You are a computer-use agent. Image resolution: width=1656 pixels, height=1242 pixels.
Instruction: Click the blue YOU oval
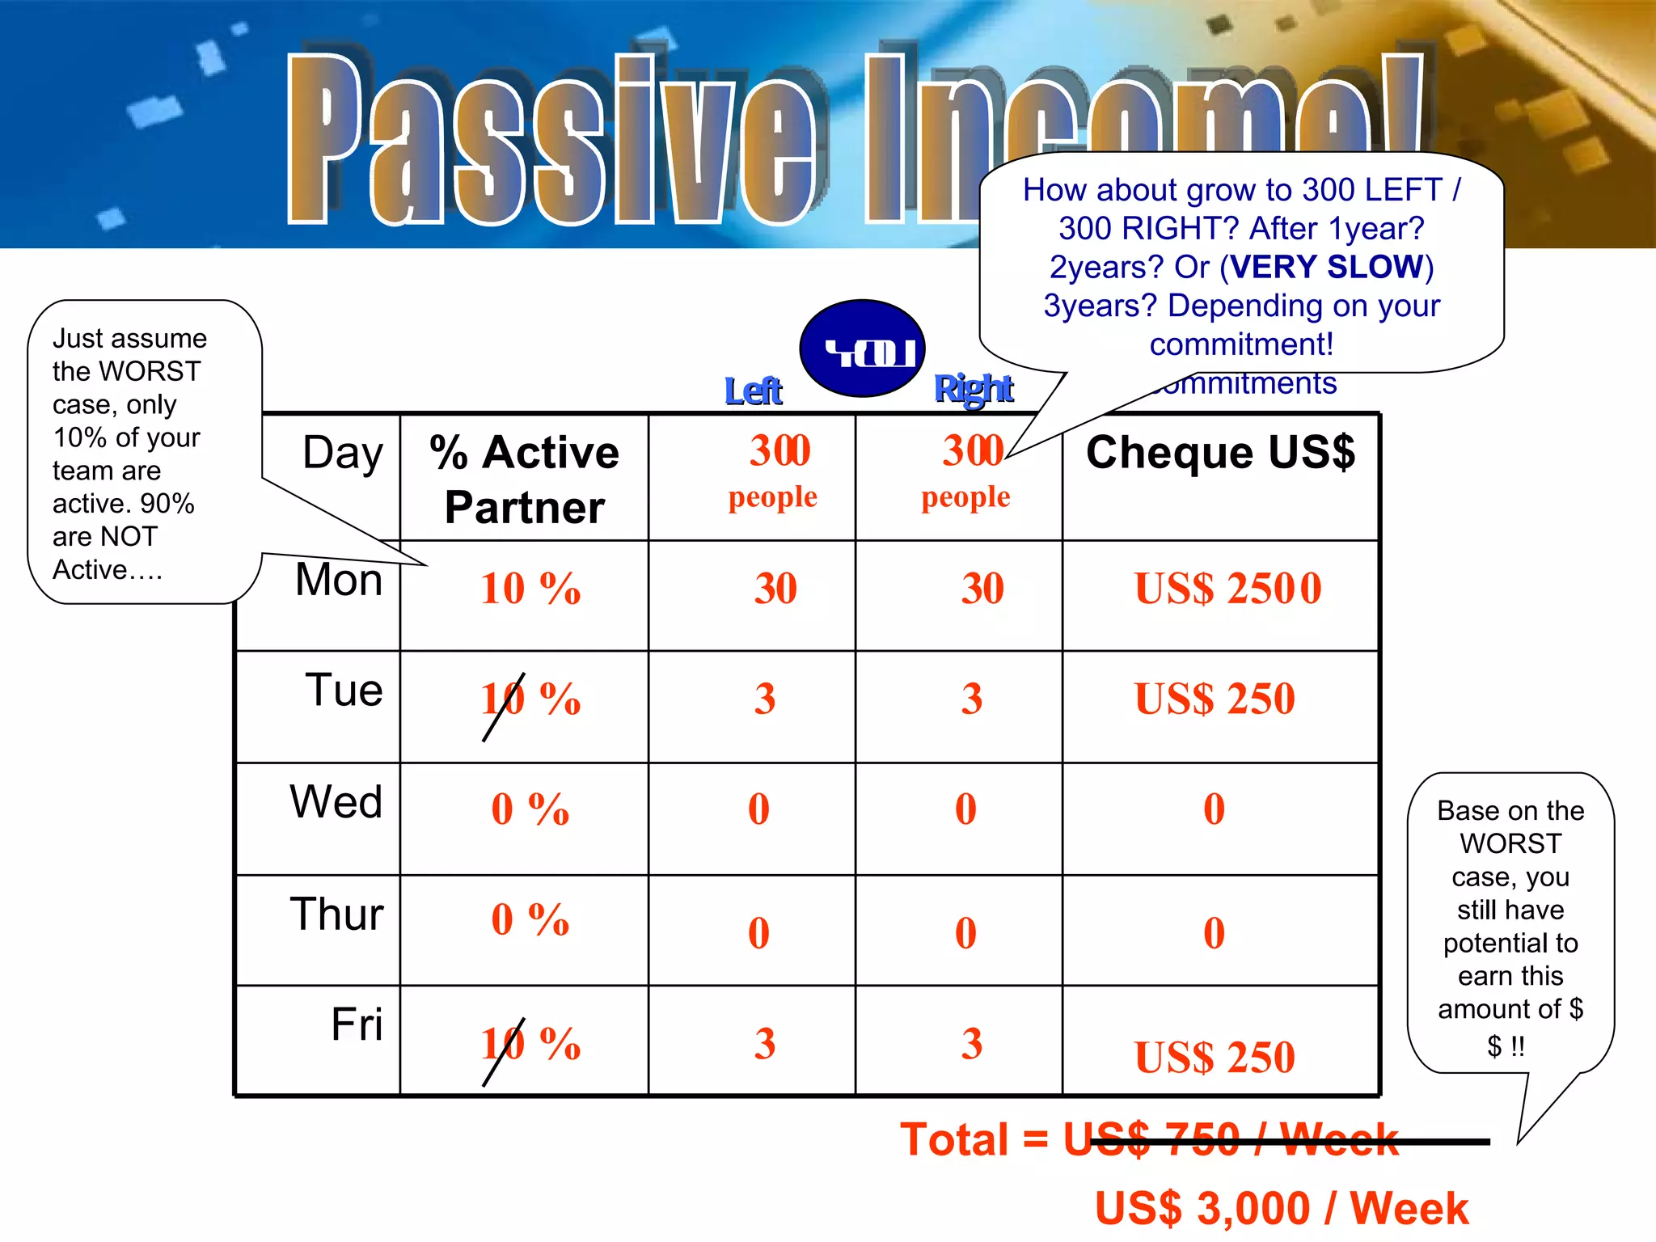[x=862, y=349]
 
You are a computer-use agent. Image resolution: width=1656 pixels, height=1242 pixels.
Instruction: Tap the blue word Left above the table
[x=753, y=391]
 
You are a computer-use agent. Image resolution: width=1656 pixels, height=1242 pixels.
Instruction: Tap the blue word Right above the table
[x=973, y=389]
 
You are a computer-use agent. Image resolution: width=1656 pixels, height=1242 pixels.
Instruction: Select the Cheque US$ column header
[x=1219, y=452]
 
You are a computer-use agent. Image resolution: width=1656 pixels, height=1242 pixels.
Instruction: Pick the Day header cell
[x=342, y=453]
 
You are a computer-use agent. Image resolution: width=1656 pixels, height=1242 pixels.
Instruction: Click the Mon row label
[x=339, y=580]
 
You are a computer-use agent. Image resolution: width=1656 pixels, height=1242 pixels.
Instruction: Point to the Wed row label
[x=336, y=802]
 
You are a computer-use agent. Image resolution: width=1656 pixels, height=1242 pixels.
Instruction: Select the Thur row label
[x=336, y=915]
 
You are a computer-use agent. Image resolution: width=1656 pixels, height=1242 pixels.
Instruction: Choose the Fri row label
[x=356, y=1024]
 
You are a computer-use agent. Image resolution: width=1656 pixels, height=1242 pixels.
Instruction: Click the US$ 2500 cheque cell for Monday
[x=1227, y=589]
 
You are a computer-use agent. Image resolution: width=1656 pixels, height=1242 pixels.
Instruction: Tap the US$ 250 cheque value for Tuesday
[x=1214, y=699]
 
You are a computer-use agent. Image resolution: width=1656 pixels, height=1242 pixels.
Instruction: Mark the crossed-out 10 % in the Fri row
[x=530, y=1044]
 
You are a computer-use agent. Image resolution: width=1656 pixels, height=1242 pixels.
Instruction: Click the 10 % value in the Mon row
[x=530, y=589]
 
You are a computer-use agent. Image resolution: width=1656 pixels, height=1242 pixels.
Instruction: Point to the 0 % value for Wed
[x=530, y=809]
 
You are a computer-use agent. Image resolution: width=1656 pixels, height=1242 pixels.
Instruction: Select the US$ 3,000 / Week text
[x=1281, y=1209]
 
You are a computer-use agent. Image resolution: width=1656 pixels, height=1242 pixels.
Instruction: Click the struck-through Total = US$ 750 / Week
[x=1149, y=1140]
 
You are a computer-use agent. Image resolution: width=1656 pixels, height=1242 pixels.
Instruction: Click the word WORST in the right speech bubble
[x=1510, y=844]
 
